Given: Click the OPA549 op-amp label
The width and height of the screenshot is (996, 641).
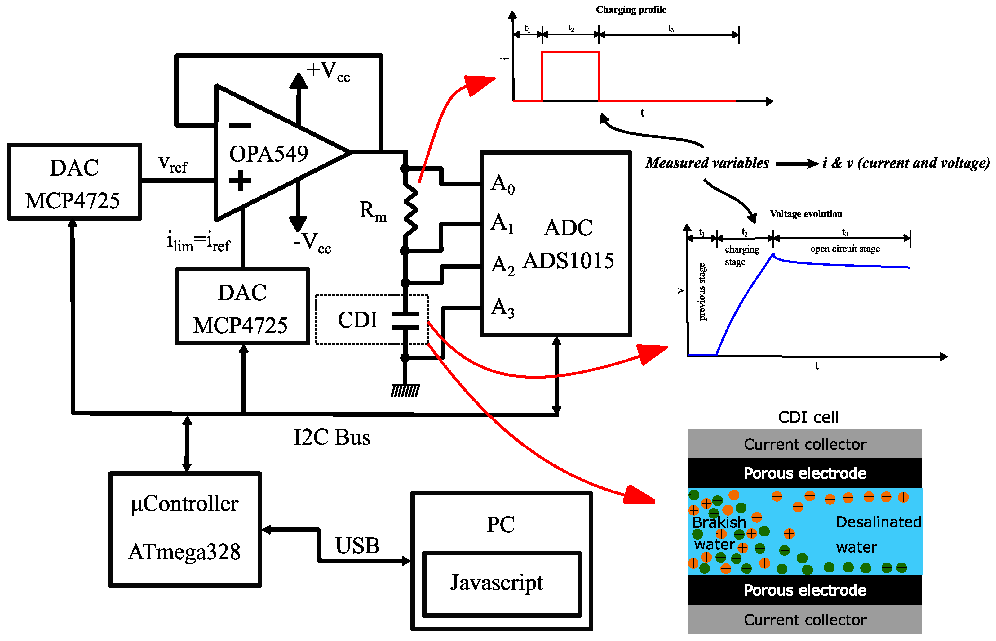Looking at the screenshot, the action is coord(269,154).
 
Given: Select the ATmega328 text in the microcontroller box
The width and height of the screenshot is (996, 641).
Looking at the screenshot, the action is coord(184,552).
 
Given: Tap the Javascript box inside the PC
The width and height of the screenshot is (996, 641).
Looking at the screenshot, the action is coord(502,584).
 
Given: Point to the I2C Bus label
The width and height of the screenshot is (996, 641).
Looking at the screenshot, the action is coord(332,437).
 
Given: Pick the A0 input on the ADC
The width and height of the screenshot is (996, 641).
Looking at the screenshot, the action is coord(503,184).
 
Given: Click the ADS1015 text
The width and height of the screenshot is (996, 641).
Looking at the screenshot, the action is coord(568,261).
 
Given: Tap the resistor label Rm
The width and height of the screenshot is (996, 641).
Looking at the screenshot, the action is coord(373,211).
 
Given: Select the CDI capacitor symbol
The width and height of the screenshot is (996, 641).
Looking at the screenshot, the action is coord(405,320).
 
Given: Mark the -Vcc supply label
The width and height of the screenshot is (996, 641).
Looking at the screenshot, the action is coord(312,243).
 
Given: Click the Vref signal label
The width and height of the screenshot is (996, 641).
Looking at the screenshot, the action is coord(173,164).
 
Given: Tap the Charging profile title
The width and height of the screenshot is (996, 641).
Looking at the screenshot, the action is coord(631,10).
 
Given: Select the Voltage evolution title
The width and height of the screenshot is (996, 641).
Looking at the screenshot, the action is coord(806,214).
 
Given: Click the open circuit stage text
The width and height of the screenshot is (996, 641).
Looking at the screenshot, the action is coord(845,249).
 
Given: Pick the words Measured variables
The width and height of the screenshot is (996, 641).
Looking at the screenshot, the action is coord(707,163).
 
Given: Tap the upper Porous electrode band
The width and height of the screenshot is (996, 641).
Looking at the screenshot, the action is coord(805,473).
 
